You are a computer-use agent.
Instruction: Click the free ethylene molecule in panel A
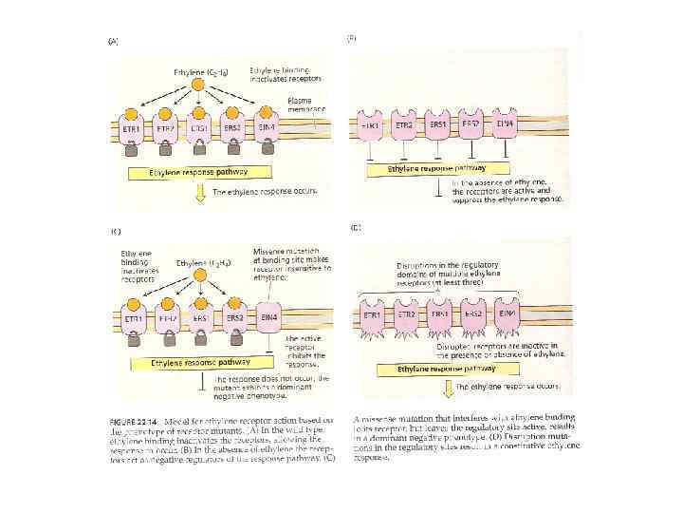(x=198, y=85)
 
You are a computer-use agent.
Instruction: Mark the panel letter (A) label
(x=115, y=41)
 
